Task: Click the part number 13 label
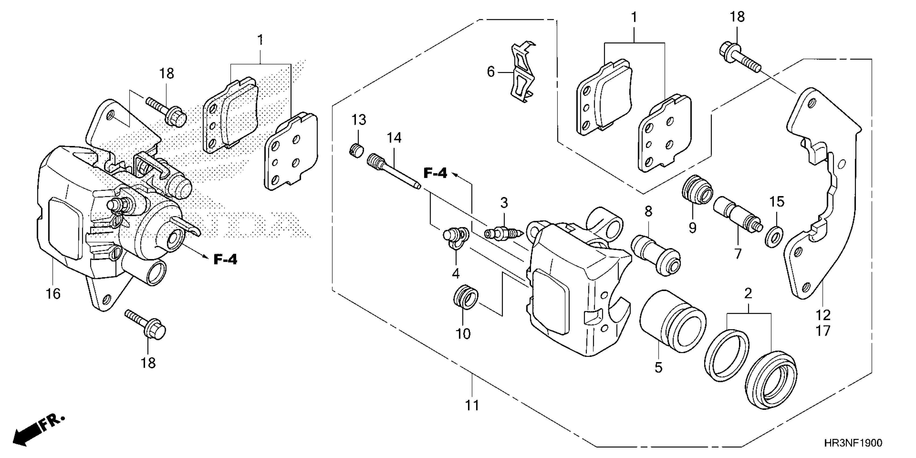[x=359, y=120]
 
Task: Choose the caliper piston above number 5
[x=672, y=321]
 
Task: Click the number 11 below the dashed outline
[x=472, y=405]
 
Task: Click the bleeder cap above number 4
[x=452, y=237]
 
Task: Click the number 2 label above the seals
[x=748, y=293]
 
